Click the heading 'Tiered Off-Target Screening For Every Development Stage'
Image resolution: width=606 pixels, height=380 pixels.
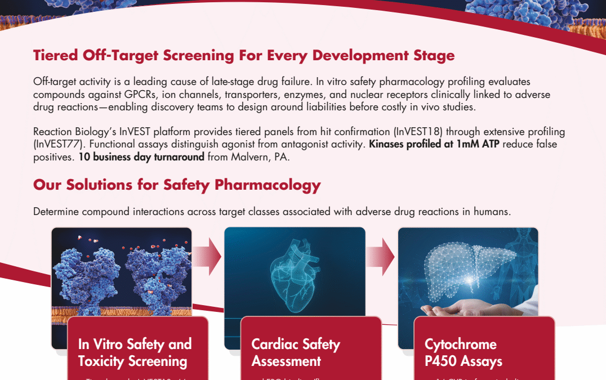(243, 56)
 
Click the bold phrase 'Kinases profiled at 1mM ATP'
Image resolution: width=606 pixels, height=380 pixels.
(422, 144)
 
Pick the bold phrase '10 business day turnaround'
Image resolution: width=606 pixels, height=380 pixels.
(141, 157)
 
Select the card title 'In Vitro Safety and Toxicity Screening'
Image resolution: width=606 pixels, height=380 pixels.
(135, 352)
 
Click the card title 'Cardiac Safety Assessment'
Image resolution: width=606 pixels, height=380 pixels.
(296, 352)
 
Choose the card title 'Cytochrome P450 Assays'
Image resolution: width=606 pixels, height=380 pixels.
(463, 352)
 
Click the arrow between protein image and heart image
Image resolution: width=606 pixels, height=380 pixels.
(208, 257)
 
